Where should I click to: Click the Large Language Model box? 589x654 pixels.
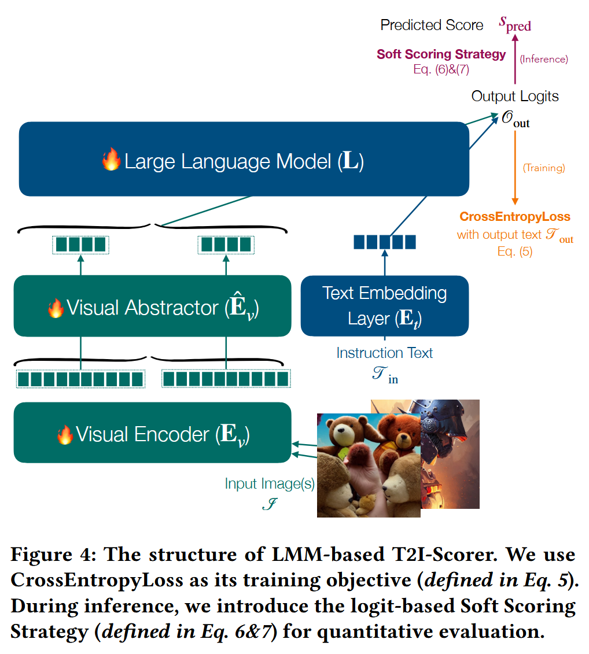point(243,159)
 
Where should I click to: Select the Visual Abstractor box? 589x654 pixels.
point(152,306)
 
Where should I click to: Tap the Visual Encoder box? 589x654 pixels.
point(152,433)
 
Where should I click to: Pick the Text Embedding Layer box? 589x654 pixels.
point(384,306)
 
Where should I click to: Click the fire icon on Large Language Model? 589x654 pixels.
point(111,160)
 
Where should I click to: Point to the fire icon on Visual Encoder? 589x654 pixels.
point(65,434)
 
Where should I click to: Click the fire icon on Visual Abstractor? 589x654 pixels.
point(56,308)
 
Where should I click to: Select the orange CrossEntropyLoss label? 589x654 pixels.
point(515,217)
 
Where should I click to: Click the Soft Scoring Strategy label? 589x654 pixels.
point(441,54)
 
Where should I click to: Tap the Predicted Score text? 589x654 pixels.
point(432,25)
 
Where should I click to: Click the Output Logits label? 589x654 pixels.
point(515,96)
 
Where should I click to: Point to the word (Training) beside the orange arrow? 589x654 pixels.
point(543,168)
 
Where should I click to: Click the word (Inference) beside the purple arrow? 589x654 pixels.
point(543,59)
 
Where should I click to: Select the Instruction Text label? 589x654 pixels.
point(384,353)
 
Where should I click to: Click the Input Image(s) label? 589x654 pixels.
point(270,483)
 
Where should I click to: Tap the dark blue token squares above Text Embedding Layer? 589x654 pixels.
point(384,242)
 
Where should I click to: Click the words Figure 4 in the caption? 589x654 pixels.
point(46,555)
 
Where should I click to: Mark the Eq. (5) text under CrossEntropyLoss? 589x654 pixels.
point(514,251)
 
